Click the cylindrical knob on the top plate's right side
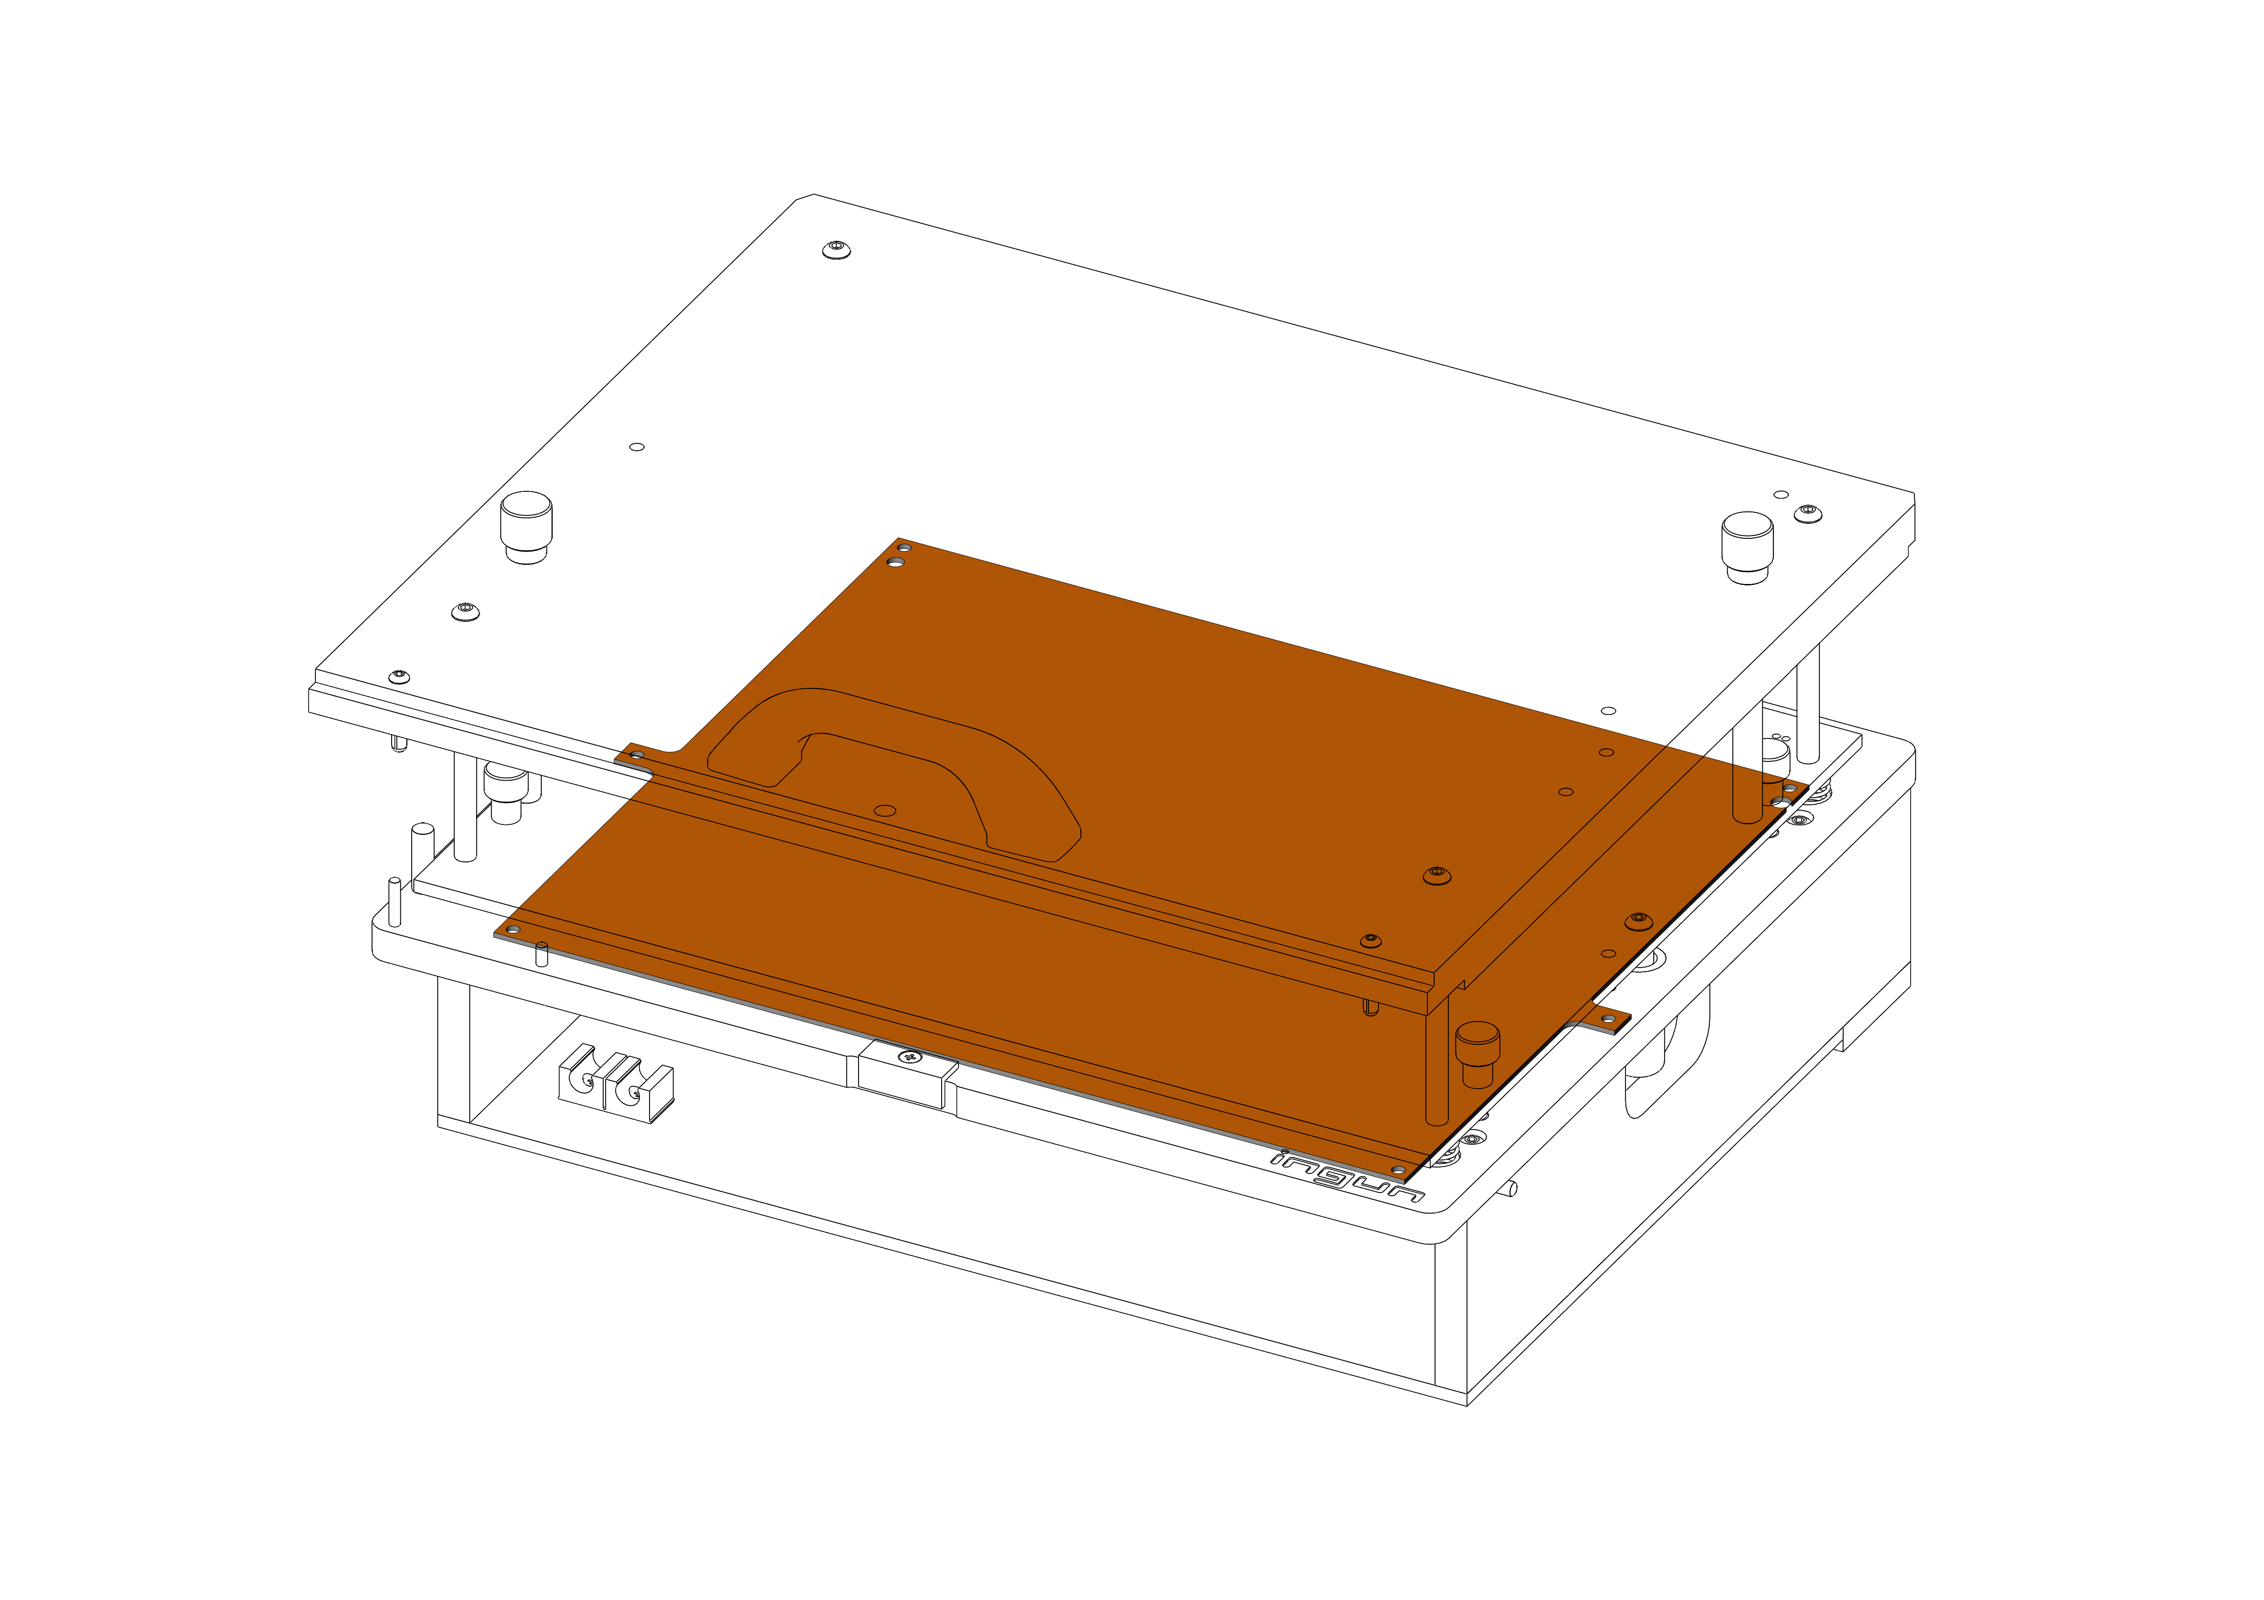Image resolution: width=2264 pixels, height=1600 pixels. (1747, 547)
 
